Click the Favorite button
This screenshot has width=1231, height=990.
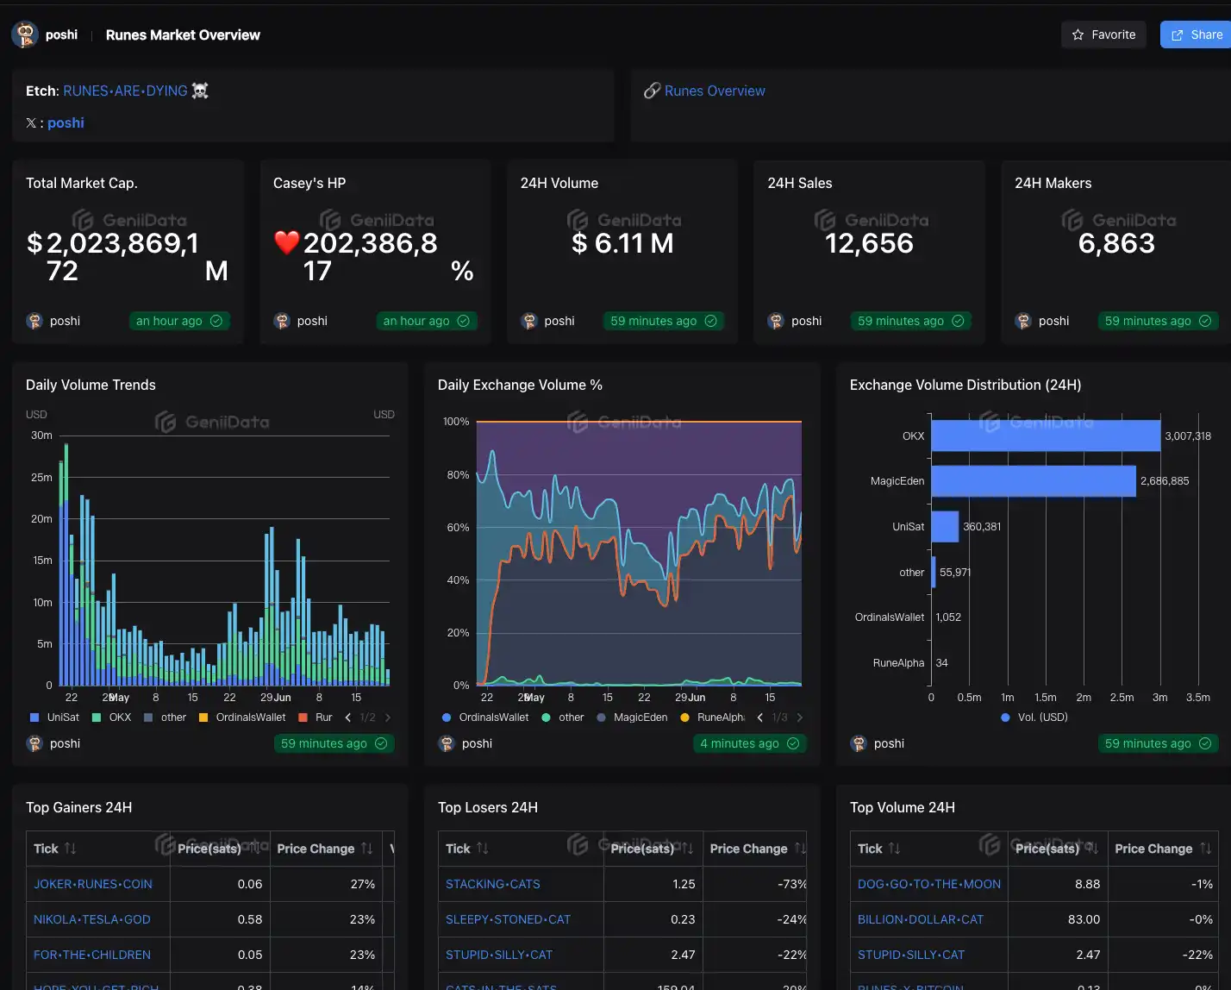click(1103, 34)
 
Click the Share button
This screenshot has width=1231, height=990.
click(1197, 34)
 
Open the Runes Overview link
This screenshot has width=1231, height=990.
click(714, 91)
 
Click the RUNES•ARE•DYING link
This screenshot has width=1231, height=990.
click(125, 91)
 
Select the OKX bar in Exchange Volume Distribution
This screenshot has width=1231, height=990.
click(1045, 435)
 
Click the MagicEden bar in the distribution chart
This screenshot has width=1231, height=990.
click(1033, 481)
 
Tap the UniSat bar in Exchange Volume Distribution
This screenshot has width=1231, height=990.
click(945, 526)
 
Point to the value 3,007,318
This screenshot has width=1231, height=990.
click(1187, 436)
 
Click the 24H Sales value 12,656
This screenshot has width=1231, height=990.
click(869, 243)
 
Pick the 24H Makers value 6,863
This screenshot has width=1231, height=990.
click(1116, 243)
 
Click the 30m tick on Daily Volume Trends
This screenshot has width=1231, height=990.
click(41, 435)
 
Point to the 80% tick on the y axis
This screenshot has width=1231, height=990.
click(458, 475)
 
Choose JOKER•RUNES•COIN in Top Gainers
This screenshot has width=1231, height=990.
click(93, 884)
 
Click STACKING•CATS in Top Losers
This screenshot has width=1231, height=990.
click(493, 884)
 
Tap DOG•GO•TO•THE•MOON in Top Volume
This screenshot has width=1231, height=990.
click(929, 884)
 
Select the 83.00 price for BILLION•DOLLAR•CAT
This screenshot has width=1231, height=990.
click(1084, 919)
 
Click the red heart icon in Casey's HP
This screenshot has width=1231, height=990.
click(286, 243)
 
